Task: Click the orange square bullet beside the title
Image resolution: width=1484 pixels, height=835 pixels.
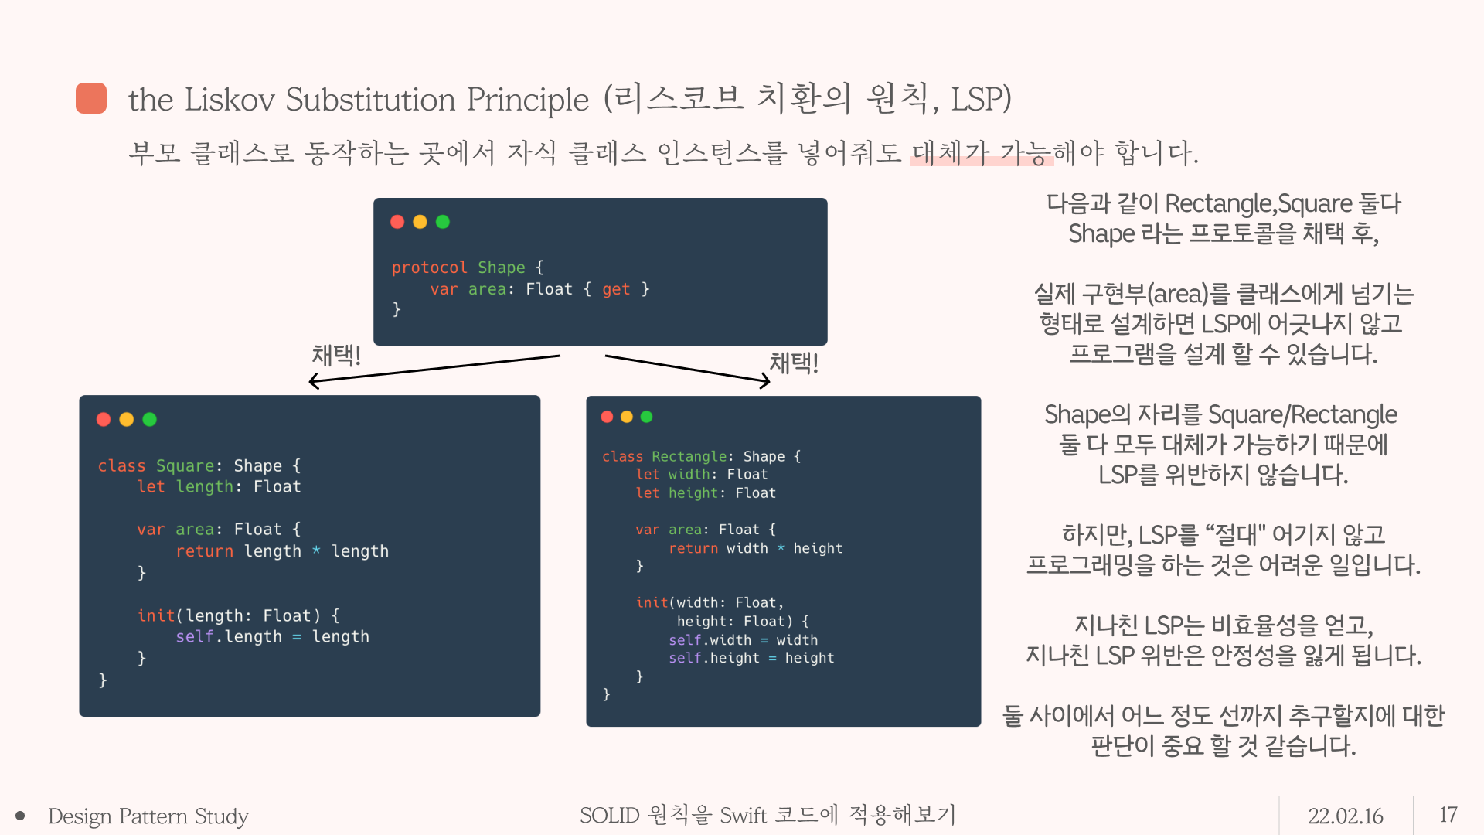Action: point(91,98)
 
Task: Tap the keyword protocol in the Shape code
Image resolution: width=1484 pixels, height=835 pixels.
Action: point(429,268)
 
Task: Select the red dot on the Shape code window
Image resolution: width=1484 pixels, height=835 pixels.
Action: point(397,222)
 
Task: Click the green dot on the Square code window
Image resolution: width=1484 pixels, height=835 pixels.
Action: point(150,419)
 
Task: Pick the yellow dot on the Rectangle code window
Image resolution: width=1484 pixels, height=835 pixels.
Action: point(627,417)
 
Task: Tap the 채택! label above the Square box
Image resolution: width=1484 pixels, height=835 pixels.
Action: point(336,355)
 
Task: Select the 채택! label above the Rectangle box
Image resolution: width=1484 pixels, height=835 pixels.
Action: point(794,363)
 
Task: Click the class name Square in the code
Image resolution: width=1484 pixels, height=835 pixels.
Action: point(185,465)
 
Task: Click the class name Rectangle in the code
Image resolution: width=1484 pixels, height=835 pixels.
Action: point(689,456)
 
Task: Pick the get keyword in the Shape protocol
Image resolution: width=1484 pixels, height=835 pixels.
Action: point(616,289)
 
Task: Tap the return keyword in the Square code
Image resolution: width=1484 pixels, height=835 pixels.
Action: point(204,551)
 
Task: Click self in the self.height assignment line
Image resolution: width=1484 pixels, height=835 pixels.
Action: point(685,658)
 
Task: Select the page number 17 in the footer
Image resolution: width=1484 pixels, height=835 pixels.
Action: point(1448,815)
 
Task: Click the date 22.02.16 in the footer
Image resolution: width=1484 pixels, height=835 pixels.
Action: point(1346,816)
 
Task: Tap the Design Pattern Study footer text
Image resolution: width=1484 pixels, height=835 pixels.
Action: point(148,816)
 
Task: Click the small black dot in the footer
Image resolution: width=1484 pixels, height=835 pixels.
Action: point(20,816)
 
